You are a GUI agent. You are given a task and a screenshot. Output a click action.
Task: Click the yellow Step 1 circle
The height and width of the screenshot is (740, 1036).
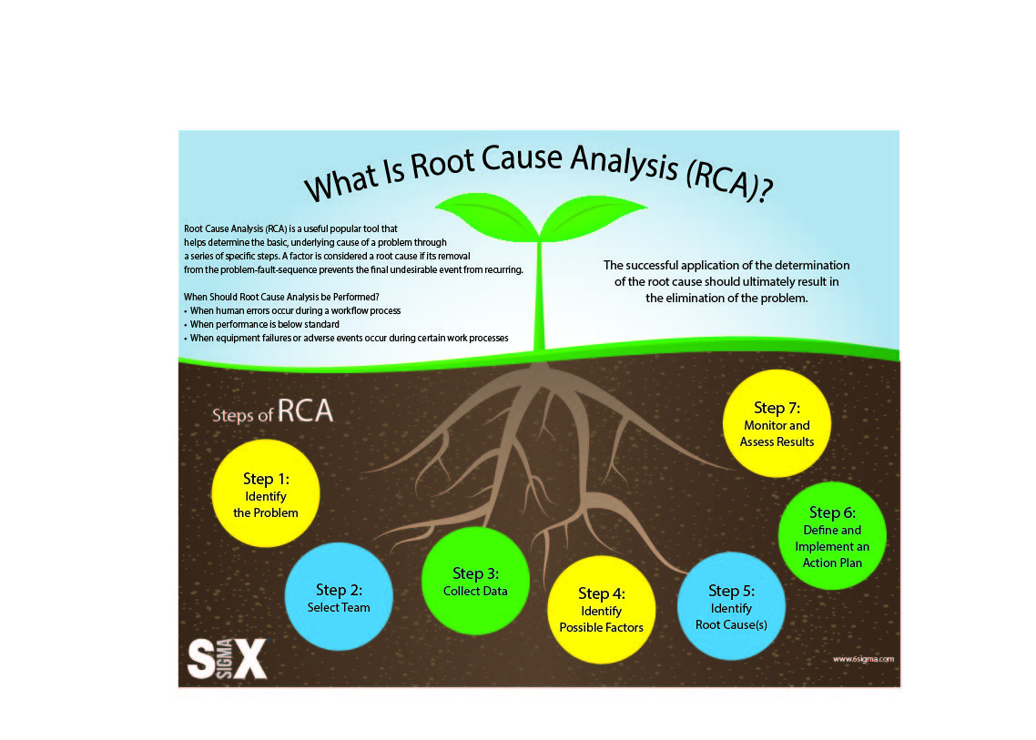pos(266,493)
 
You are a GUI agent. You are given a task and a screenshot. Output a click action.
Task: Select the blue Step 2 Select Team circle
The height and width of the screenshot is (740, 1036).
pos(339,596)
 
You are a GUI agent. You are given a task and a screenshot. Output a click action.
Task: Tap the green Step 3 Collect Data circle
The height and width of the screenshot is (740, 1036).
pos(475,581)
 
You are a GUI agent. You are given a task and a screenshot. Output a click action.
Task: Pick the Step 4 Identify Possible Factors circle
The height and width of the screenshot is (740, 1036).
pos(601,610)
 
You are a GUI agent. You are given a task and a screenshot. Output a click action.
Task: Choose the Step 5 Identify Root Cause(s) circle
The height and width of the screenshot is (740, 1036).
pos(731,606)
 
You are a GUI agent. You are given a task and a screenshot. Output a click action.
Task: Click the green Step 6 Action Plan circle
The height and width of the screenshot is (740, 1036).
pos(832,536)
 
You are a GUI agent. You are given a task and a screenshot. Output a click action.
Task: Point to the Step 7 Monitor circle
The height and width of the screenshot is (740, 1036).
pos(777,423)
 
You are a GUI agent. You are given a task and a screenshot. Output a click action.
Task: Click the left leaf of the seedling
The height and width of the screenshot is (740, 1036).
pos(488,215)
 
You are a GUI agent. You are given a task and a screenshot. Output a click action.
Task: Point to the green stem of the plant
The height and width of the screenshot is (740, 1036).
pos(539,295)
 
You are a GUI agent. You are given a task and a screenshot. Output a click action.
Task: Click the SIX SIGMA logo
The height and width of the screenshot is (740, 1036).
pos(228,659)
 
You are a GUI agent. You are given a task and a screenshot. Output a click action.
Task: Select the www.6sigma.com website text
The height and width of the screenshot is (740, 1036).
pos(863,659)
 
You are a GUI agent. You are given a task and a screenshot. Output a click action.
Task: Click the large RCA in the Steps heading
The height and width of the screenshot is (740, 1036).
pos(305,411)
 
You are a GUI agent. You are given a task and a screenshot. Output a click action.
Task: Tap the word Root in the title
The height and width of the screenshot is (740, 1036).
pos(442,164)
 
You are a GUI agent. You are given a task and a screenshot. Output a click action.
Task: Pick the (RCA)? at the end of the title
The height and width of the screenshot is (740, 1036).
pos(729,181)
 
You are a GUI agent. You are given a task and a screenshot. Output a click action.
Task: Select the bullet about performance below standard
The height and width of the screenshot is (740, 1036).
pos(261,324)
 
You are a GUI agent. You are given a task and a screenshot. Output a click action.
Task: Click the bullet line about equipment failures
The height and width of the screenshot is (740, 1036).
pos(346,339)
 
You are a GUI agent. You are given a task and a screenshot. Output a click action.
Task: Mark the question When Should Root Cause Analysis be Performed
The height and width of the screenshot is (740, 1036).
pos(281,298)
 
